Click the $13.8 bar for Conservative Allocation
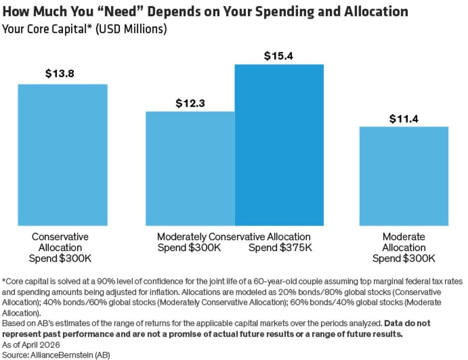pos(63,155)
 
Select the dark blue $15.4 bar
pos(279,145)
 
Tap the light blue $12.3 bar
pos(190,168)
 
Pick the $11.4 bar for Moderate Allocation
pos(404,176)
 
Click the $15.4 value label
pos(279,56)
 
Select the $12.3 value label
pos(190,103)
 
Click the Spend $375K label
pos(280,248)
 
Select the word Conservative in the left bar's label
pos(60,237)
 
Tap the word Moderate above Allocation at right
pos(404,237)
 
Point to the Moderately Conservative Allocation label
pos(234,237)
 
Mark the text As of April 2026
pos(31,344)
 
